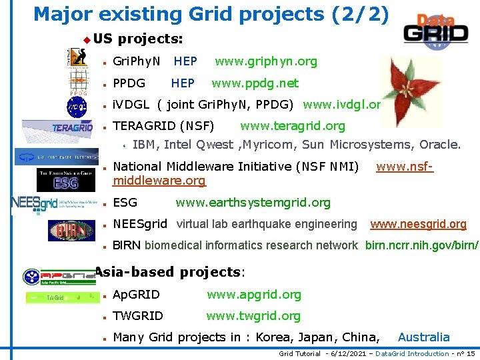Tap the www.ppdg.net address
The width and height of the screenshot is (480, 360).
(255, 83)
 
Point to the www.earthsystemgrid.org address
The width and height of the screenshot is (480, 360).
(253, 203)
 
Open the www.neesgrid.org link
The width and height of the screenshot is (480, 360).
(418, 225)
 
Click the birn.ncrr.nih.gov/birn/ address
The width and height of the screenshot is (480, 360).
(421, 246)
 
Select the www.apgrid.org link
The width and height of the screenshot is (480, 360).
(253, 295)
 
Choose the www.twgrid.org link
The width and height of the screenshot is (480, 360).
(253, 316)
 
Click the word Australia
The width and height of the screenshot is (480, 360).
(423, 337)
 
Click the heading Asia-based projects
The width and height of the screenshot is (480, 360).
(169, 272)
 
